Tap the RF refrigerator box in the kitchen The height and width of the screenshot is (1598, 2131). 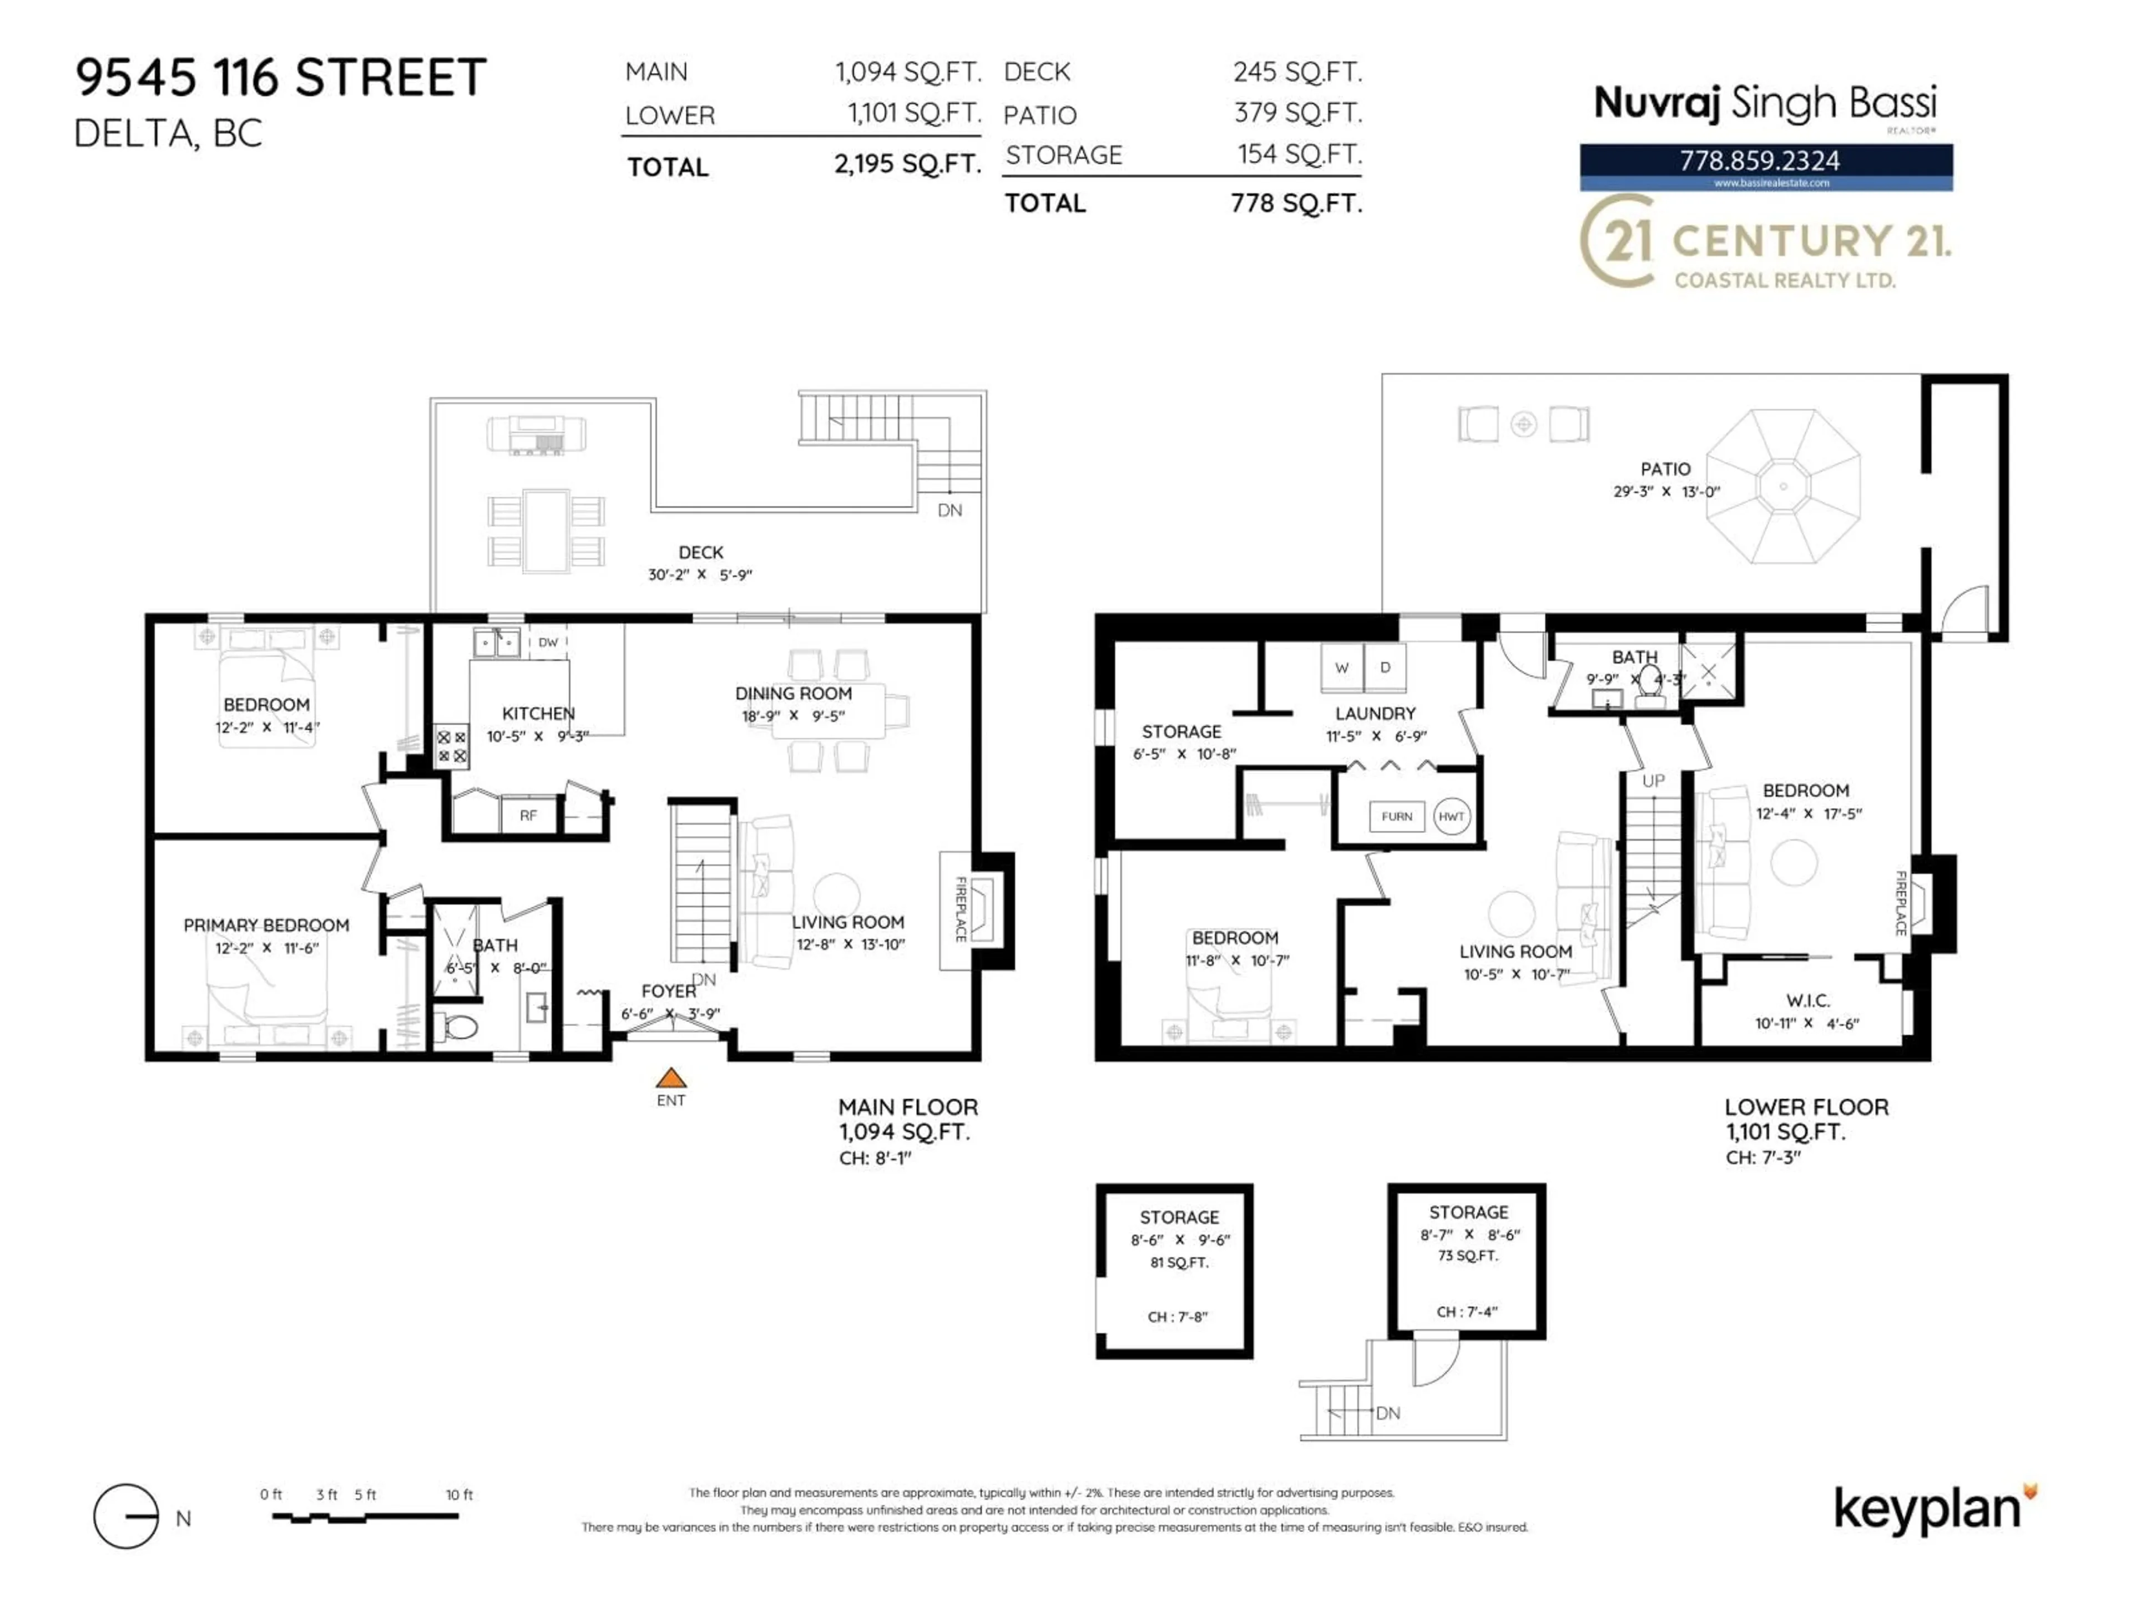(x=528, y=816)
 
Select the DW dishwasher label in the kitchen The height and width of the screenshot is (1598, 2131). (x=547, y=643)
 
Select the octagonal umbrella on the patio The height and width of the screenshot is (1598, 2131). (x=1782, y=487)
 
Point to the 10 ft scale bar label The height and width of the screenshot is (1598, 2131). (x=459, y=1495)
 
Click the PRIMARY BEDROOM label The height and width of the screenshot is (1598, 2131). (x=266, y=926)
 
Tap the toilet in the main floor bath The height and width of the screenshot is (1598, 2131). (x=458, y=1028)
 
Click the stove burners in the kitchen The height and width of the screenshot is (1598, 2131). (x=451, y=746)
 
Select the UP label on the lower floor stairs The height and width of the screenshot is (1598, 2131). (x=1653, y=781)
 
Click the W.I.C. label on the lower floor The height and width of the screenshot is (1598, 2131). (x=1807, y=1001)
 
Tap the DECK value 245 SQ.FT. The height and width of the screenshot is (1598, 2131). (x=1297, y=72)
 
